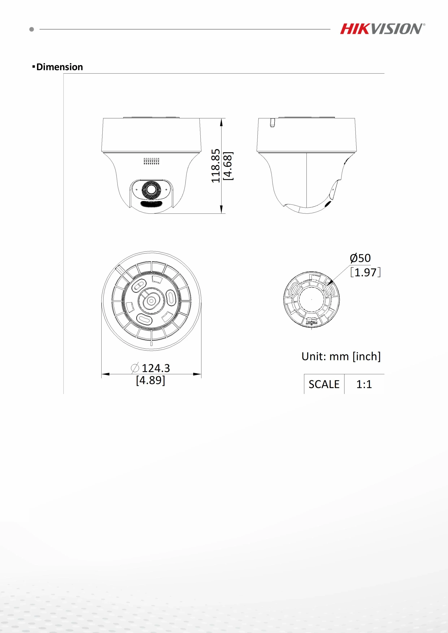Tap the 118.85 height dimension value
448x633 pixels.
coord(216,166)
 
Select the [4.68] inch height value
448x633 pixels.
coord(228,166)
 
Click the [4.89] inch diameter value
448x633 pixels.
coord(151,380)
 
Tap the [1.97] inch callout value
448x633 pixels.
coord(366,272)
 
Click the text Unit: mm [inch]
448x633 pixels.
coord(341,356)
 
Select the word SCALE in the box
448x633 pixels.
coord(324,384)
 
